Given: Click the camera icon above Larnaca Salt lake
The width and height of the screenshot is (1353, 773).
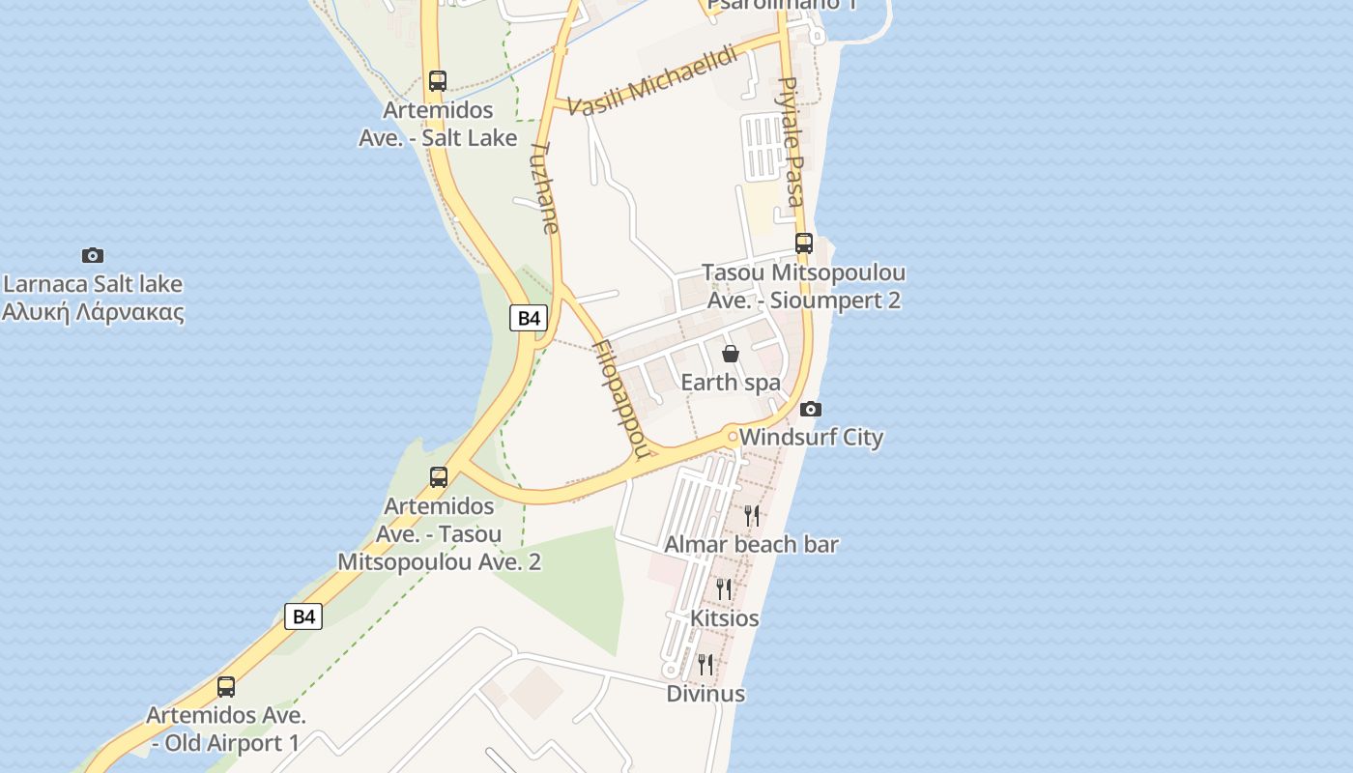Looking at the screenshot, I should click(93, 256).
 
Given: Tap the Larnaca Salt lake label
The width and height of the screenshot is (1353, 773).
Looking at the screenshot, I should click(93, 284).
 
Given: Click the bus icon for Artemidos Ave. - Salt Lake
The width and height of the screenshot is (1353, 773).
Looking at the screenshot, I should click(438, 81).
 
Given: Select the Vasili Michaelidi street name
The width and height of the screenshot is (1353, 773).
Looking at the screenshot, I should click(653, 82).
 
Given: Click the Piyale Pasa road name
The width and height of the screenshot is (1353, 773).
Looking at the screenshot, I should click(792, 142).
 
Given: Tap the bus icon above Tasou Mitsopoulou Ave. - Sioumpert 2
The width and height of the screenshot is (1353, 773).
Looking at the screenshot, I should click(803, 243).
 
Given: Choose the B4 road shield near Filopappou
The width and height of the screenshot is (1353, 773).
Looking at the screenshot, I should click(529, 318).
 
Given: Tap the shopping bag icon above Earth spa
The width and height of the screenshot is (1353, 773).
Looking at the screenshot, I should click(731, 354).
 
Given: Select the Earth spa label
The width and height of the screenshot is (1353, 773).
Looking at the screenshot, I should click(731, 383).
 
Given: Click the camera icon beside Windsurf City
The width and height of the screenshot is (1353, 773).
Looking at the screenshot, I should click(811, 409).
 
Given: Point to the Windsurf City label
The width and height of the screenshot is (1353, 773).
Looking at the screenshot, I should click(811, 438).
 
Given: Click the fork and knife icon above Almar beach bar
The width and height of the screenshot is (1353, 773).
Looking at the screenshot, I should click(752, 515).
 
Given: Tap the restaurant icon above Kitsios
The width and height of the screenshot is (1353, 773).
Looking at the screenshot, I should click(723, 588).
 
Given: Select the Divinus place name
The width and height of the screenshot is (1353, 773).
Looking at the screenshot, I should click(705, 694).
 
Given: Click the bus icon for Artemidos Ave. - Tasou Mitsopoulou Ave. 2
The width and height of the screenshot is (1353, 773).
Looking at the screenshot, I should click(439, 476).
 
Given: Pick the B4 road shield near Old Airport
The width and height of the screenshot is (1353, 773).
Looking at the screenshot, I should click(303, 616).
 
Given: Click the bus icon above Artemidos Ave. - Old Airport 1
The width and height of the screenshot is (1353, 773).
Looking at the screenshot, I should click(226, 687).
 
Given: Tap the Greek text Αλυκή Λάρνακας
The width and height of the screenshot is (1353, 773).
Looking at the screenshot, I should click(93, 312).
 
